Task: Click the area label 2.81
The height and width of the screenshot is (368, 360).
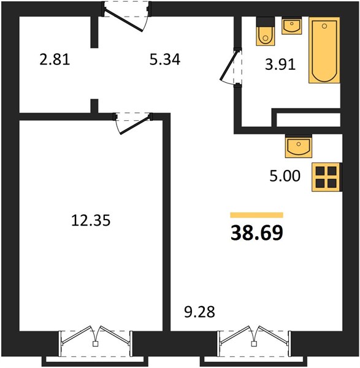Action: pyautogui.click(x=55, y=59)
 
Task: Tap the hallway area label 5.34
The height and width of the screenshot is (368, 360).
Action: pyautogui.click(x=165, y=59)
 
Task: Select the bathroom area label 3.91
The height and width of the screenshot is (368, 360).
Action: pyautogui.click(x=280, y=64)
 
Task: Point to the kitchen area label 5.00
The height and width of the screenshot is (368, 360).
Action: pyautogui.click(x=285, y=176)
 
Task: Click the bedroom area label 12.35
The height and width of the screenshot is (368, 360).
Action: pyautogui.click(x=91, y=221)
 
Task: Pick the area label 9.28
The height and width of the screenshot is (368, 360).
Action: pyautogui.click(x=199, y=312)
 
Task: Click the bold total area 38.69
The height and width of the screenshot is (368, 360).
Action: pyautogui.click(x=257, y=233)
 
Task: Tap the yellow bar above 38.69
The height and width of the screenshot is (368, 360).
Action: pyautogui.click(x=257, y=215)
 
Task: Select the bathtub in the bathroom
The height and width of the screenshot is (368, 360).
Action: pyautogui.click(x=324, y=50)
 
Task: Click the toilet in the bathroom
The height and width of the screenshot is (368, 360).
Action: pyautogui.click(x=266, y=31)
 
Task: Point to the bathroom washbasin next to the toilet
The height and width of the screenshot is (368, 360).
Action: pyautogui.click(x=292, y=26)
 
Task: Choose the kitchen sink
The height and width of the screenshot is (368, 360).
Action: pyautogui.click(x=299, y=146)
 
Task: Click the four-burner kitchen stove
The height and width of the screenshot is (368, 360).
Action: pyautogui.click(x=327, y=177)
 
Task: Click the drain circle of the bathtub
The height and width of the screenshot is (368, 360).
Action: pyautogui.click(x=324, y=26)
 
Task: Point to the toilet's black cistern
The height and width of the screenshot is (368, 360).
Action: pyautogui.click(x=266, y=21)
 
